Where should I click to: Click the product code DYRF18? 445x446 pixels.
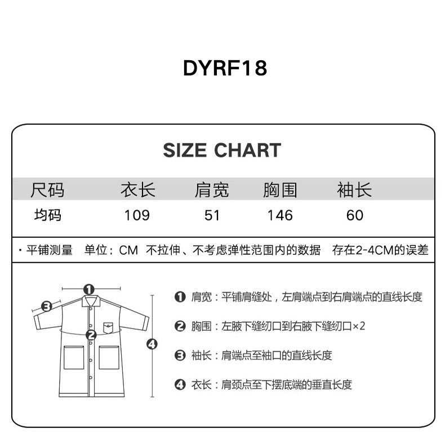(225, 68)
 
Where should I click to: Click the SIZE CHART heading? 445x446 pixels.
(222, 150)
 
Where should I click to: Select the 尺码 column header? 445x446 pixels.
(47, 190)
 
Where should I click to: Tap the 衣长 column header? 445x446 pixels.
(137, 190)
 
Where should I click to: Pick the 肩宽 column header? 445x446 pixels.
(212, 190)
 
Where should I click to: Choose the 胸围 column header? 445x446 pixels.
(280, 190)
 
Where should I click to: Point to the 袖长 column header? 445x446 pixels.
(354, 190)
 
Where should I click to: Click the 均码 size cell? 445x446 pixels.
(47, 215)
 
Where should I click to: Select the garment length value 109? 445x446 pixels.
(137, 215)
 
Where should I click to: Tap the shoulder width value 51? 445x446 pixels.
(212, 215)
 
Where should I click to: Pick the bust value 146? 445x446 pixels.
(280, 215)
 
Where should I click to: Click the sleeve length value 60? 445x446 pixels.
(355, 215)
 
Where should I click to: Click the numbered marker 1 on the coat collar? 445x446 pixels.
(88, 289)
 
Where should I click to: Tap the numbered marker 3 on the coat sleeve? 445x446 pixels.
(47, 306)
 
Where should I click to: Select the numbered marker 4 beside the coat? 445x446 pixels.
(152, 344)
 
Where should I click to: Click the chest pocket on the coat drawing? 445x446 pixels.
(109, 326)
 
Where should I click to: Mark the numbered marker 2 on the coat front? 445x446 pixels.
(91, 335)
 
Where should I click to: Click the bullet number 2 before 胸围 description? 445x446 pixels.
(180, 326)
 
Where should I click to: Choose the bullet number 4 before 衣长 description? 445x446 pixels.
(180, 385)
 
